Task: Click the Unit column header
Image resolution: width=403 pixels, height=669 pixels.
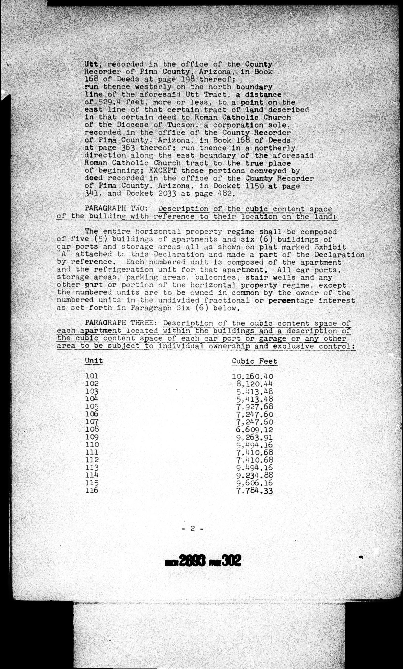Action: (94, 361)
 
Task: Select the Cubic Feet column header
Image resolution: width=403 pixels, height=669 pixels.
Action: (254, 361)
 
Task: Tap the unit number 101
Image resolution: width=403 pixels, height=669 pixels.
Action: (92, 376)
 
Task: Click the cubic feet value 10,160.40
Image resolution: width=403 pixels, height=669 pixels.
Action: (253, 377)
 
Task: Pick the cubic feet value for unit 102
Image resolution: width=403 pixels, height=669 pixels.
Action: (254, 384)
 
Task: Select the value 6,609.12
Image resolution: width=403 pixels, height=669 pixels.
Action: (254, 430)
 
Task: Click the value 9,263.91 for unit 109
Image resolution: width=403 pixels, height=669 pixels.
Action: (254, 437)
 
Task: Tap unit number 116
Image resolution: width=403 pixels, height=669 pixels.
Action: (92, 490)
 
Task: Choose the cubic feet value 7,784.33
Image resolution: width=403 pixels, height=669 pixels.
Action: (254, 491)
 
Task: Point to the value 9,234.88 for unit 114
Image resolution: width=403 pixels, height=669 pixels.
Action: (254, 475)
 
